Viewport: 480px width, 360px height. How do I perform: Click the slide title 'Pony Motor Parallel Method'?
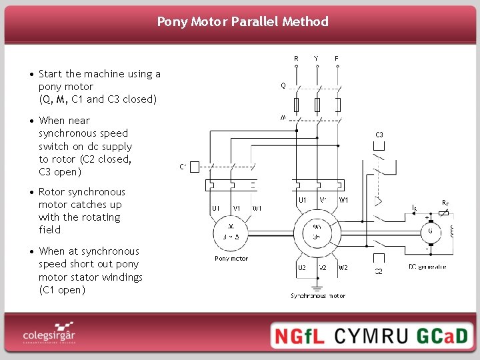click(x=243, y=21)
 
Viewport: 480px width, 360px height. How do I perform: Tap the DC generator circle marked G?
click(x=429, y=231)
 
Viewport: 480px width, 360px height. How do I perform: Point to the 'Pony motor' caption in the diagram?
click(x=231, y=259)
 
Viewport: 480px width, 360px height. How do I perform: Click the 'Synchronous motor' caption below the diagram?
click(x=318, y=295)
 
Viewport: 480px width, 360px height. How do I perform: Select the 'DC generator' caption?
click(x=427, y=267)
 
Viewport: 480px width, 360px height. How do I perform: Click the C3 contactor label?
click(x=379, y=135)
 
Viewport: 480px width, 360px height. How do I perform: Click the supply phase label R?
click(x=297, y=59)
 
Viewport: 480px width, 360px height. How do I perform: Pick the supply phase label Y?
click(x=316, y=59)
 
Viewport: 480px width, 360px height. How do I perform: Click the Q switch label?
click(x=283, y=85)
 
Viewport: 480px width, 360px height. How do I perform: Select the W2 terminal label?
click(x=343, y=267)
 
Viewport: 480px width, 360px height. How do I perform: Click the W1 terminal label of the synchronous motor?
click(x=344, y=199)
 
